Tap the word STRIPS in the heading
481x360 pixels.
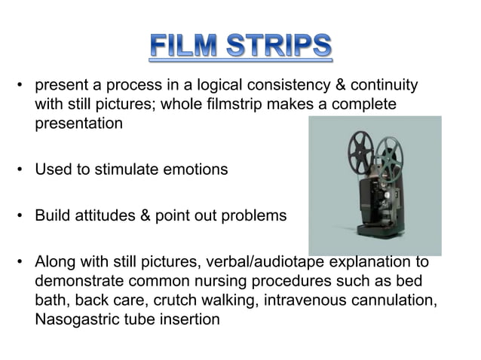pos(277,47)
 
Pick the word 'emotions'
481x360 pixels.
pos(194,169)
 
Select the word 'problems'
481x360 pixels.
pos(250,215)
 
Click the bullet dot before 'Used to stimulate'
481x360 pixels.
pos(20,169)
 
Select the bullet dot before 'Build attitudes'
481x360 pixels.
pos(20,215)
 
